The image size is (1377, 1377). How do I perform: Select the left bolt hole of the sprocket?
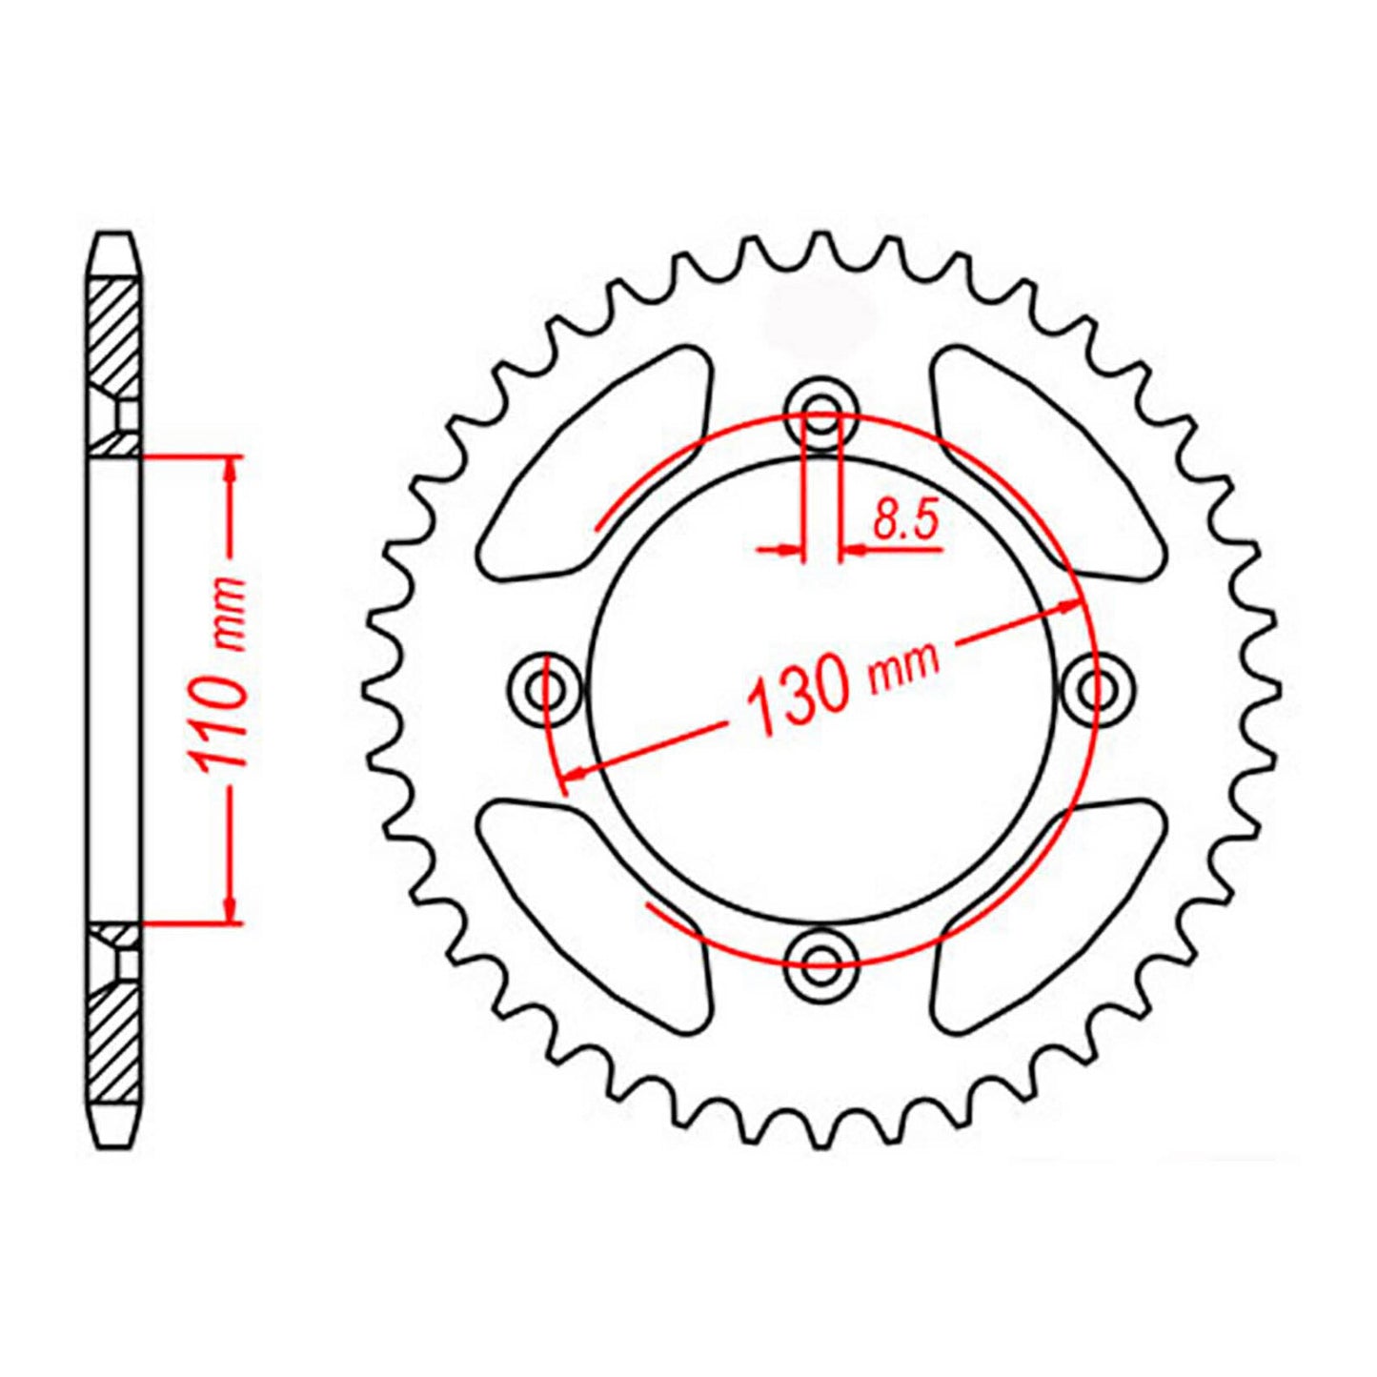pyautogui.click(x=545, y=688)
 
